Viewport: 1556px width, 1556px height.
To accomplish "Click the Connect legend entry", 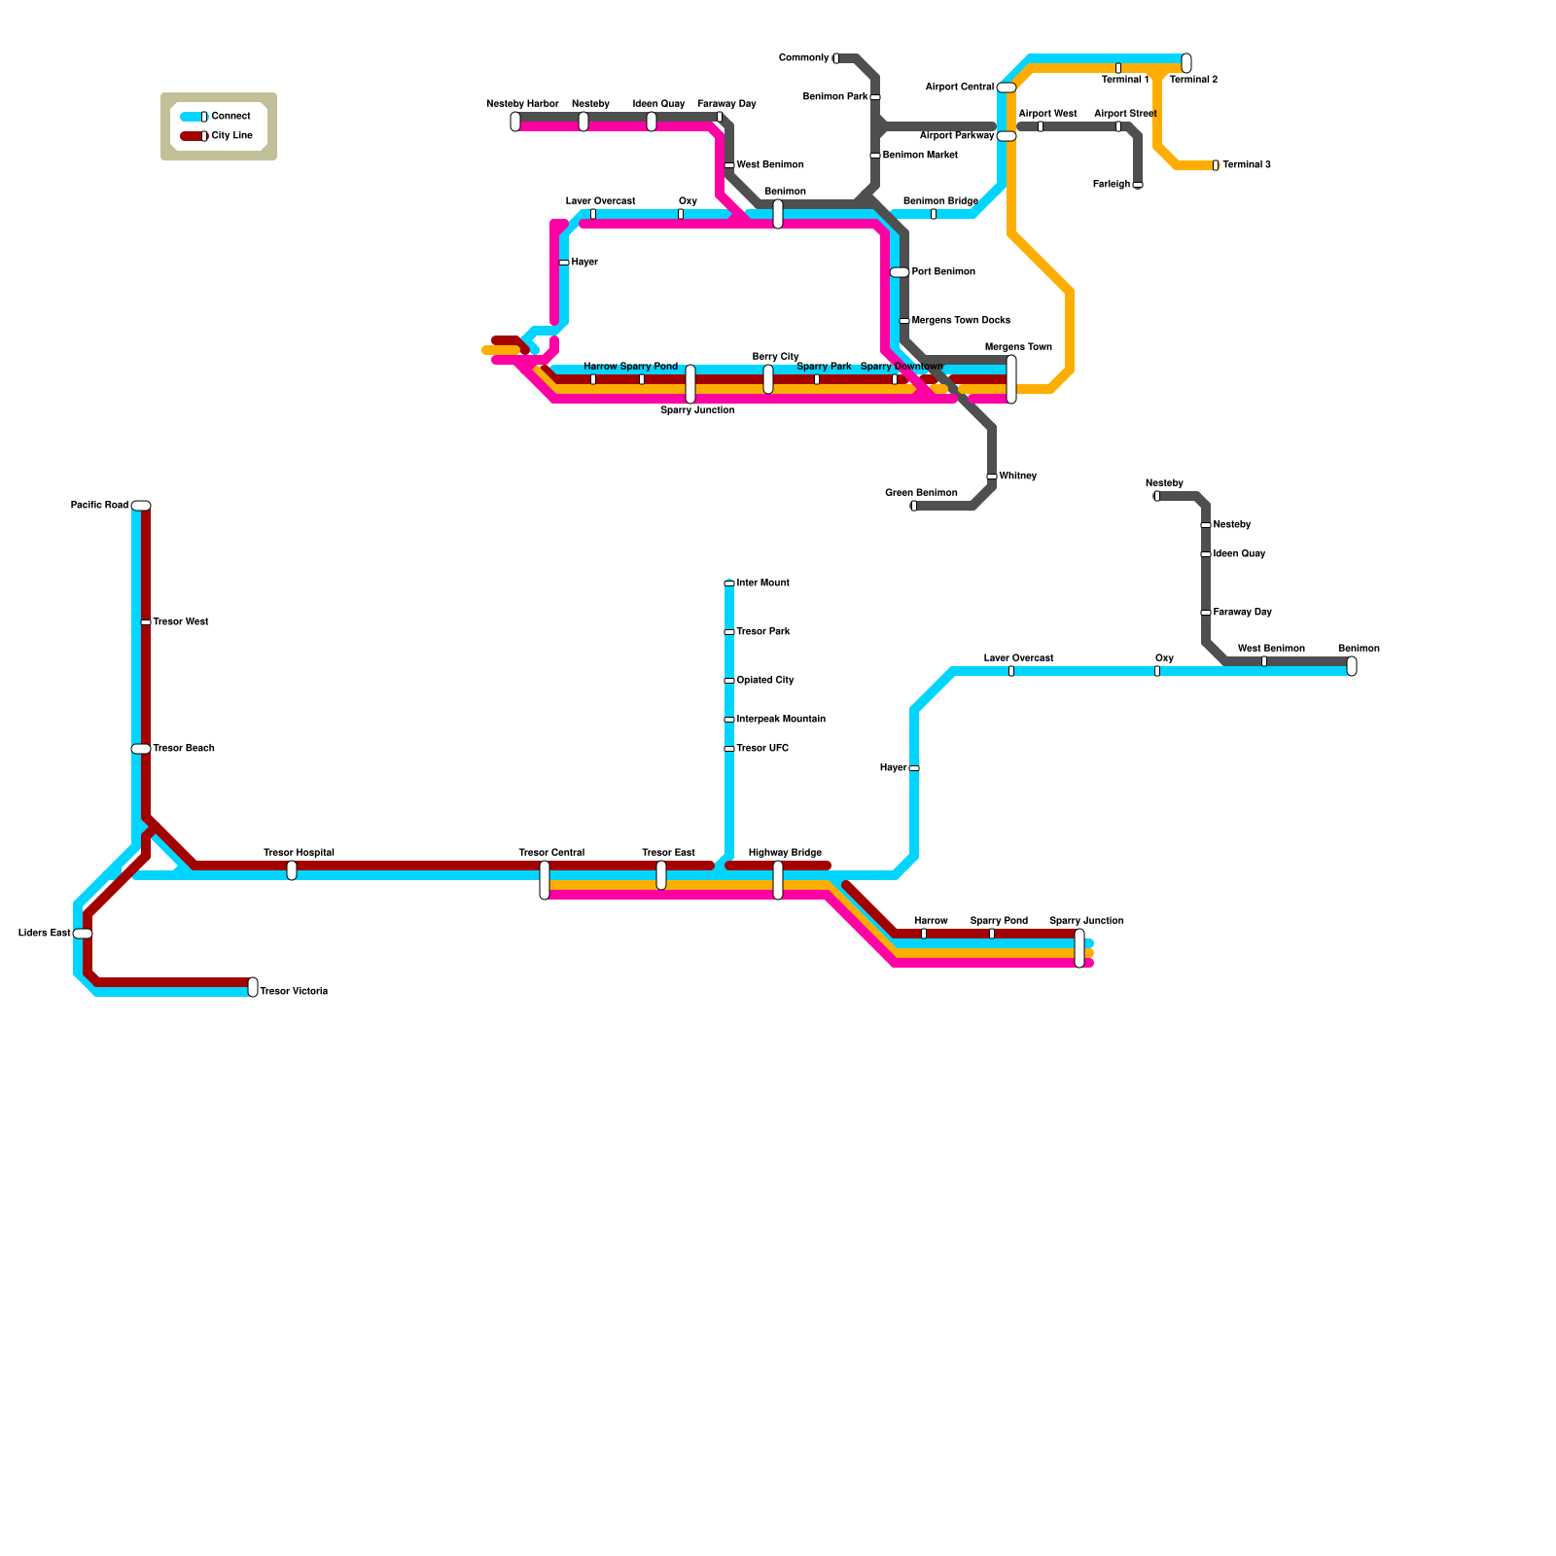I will [230, 117].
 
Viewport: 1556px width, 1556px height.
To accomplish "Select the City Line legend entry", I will [231, 136].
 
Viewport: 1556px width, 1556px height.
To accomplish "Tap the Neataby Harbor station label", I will [522, 104].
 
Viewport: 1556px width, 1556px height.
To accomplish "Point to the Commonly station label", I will [803, 58].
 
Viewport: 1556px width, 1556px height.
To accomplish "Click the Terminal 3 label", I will [1246, 165].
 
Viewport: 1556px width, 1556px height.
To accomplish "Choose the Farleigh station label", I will [1112, 185].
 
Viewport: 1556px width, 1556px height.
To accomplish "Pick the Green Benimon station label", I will [921, 493].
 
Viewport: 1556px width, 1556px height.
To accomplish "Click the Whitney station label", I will [1017, 477].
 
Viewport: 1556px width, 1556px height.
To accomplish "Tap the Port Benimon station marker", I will [900, 272].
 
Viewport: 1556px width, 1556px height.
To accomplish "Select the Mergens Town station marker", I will [1011, 379].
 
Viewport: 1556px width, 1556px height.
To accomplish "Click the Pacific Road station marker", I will [141, 506].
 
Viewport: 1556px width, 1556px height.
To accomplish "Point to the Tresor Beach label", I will [184, 749].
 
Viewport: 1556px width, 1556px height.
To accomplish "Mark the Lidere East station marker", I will [83, 934].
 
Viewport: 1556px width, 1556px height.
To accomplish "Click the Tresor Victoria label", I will [294, 992].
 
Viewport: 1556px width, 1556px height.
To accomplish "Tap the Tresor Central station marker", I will [545, 880].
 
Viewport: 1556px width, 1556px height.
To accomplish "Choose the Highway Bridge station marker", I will [778, 880].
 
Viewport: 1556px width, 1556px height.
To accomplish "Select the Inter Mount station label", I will [762, 583].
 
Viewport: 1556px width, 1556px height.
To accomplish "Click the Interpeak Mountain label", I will [781, 720].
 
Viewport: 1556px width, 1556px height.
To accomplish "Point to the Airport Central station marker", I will [1007, 88].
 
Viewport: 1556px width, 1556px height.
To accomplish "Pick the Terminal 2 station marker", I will [1186, 63].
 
